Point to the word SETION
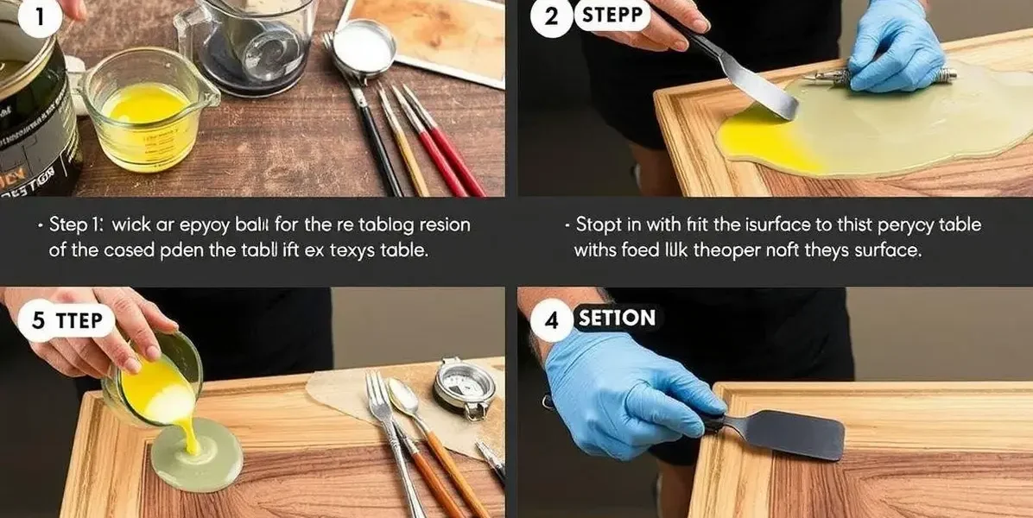[x=617, y=319]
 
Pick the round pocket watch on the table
[x=465, y=387]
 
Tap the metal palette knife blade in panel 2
[x=760, y=86]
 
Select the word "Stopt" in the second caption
[x=599, y=225]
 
